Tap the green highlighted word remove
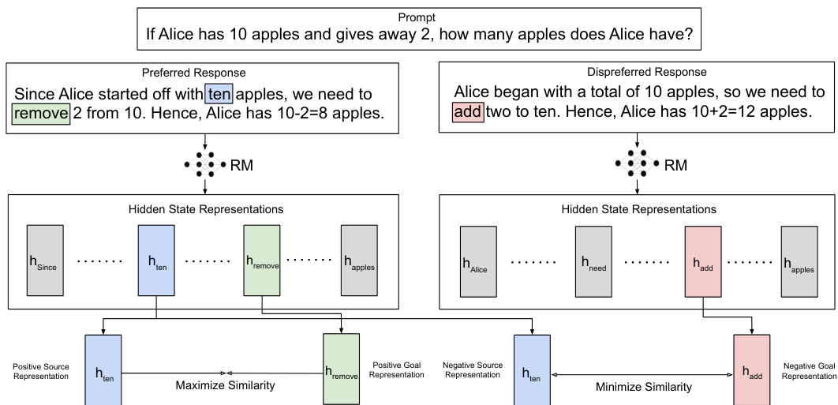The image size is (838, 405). [x=41, y=113]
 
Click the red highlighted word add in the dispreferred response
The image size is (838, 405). [x=467, y=112]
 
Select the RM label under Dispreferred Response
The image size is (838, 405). [x=675, y=165]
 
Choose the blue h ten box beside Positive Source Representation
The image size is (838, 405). [x=103, y=369]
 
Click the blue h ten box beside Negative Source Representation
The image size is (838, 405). [x=532, y=369]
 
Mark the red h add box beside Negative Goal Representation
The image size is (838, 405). [x=751, y=369]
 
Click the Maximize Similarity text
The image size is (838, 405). [x=225, y=385]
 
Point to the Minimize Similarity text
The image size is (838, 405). [x=643, y=387]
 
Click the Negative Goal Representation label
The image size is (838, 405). [x=810, y=371]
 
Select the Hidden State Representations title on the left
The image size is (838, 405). [x=205, y=209]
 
